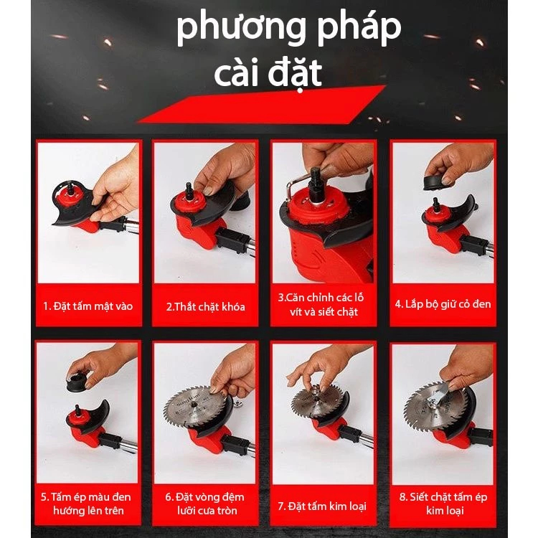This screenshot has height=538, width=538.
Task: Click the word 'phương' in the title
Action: (x=241, y=29)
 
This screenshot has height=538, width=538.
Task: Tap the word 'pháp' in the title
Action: (x=359, y=29)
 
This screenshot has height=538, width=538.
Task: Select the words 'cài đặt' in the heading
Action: (x=268, y=72)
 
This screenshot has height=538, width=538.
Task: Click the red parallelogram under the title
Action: (x=261, y=104)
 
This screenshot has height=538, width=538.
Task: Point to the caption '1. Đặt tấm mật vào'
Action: (x=88, y=306)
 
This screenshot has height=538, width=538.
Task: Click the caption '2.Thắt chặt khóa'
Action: (x=206, y=306)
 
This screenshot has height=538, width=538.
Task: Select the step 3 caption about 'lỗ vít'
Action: (x=321, y=304)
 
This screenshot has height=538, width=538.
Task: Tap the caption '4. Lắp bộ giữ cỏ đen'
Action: (x=443, y=304)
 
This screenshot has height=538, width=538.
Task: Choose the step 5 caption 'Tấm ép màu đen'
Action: (x=86, y=504)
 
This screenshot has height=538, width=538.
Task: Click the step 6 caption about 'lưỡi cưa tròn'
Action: (x=205, y=504)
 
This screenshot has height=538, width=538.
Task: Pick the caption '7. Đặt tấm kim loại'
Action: (x=322, y=506)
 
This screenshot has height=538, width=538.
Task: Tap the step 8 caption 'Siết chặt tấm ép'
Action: (x=443, y=504)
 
